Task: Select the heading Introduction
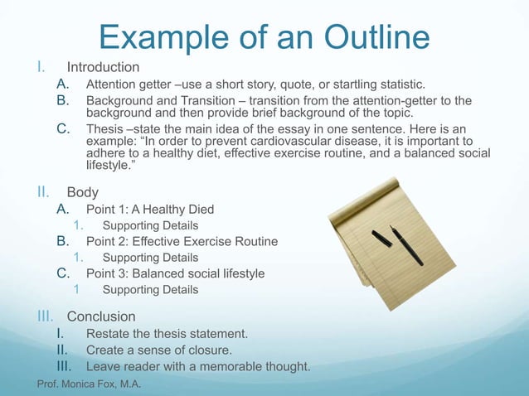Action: (x=103, y=66)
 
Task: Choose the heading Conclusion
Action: (x=101, y=316)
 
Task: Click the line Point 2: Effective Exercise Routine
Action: (x=182, y=242)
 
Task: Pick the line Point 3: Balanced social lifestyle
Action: (x=175, y=273)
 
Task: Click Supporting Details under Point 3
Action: (x=150, y=290)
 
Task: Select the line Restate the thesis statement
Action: (x=167, y=334)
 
